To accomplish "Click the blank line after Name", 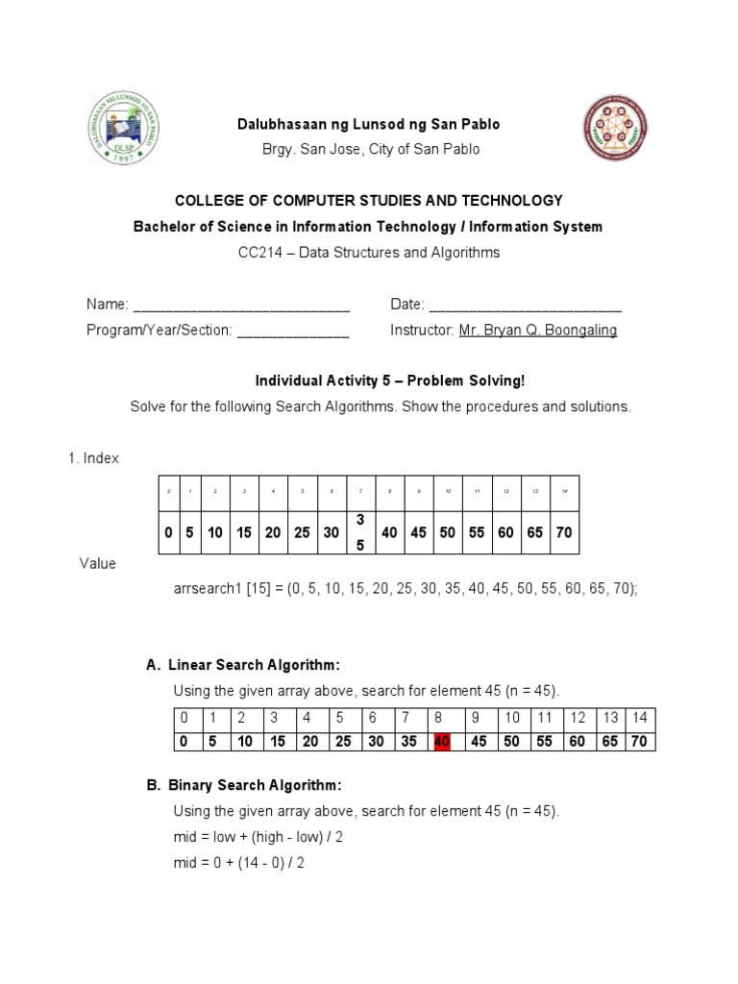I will pyautogui.click(x=241, y=306).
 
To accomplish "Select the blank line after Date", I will pyautogui.click(x=525, y=306).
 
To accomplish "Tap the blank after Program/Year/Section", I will pyautogui.click(x=293, y=331).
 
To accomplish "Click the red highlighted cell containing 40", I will pyautogui.click(x=443, y=741).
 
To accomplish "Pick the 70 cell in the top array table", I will pyautogui.click(x=564, y=532).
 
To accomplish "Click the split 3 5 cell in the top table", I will pyautogui.click(x=360, y=532).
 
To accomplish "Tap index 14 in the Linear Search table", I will pyautogui.click(x=640, y=719).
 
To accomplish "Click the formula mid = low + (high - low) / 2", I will pyautogui.click(x=258, y=837).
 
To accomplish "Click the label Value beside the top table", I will pyautogui.click(x=97, y=563).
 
